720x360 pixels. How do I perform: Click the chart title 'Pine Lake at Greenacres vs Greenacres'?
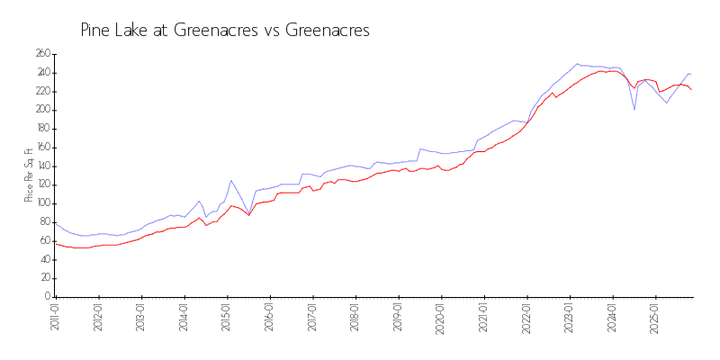tap(225, 31)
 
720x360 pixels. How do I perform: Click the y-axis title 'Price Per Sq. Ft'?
tap(29, 175)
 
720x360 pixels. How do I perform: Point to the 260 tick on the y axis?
tap(42, 54)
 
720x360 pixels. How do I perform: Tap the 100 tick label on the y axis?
tap(42, 203)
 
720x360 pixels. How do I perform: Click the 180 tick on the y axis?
tap(42, 129)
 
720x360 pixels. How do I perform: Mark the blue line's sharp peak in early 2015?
tap(230, 180)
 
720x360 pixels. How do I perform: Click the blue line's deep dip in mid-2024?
tap(634, 110)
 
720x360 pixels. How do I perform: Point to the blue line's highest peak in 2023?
tap(577, 64)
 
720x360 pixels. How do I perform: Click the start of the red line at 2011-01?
tap(56, 244)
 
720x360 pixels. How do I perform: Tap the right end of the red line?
tap(691, 90)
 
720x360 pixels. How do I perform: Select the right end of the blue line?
tap(691, 74)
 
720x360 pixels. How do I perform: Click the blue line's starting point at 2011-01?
tap(56, 225)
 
